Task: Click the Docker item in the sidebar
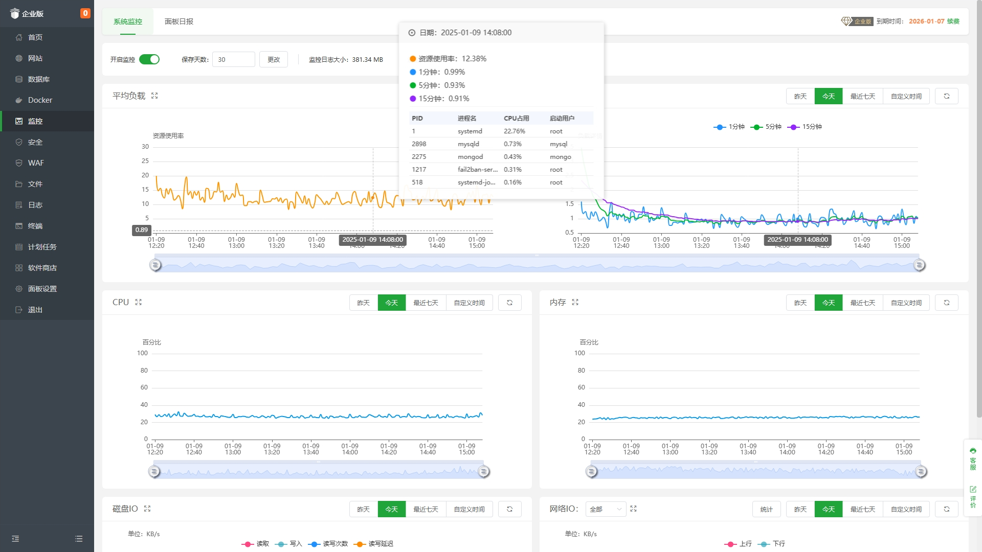click(x=40, y=100)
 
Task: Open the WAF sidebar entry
click(x=36, y=163)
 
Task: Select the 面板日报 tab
click(x=179, y=21)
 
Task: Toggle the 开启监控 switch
click(x=149, y=59)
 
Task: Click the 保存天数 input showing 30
click(x=233, y=59)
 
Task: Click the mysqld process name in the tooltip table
click(x=468, y=144)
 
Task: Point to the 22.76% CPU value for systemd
click(x=515, y=131)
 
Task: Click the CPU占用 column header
click(x=517, y=119)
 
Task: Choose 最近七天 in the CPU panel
click(x=426, y=303)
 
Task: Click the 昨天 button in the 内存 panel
click(x=800, y=303)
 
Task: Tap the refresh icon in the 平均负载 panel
click(x=947, y=96)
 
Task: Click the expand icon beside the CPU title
click(x=139, y=303)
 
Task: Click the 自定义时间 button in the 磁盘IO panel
click(x=469, y=510)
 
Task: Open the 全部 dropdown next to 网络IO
click(x=606, y=510)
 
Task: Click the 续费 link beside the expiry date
click(x=953, y=21)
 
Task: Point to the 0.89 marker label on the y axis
click(x=142, y=230)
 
